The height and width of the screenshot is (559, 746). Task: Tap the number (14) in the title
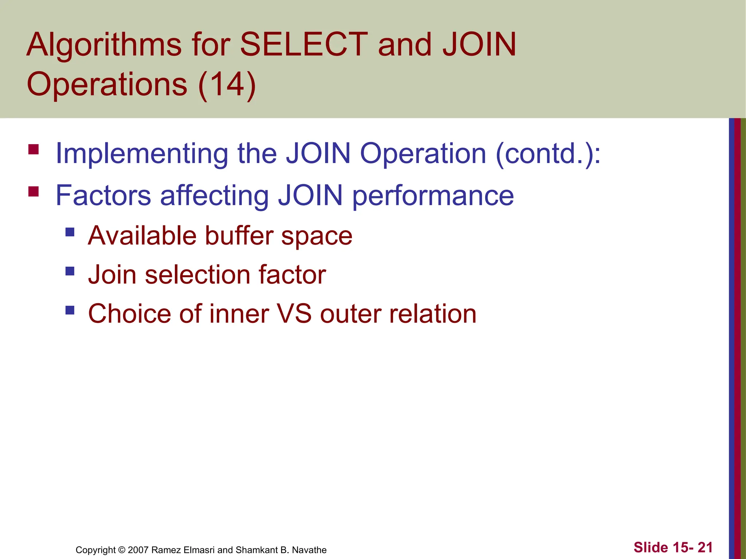tap(227, 84)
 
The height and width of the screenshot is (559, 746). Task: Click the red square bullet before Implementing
tap(34, 150)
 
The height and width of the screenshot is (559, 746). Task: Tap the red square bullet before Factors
tap(34, 191)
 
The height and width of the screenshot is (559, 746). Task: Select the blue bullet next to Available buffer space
tap(70, 232)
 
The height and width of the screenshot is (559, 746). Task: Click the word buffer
tap(239, 236)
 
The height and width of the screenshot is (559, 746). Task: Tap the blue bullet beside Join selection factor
tap(70, 271)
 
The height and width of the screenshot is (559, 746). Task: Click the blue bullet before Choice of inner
tap(70, 310)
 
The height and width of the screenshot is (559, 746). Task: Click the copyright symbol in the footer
tap(122, 550)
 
